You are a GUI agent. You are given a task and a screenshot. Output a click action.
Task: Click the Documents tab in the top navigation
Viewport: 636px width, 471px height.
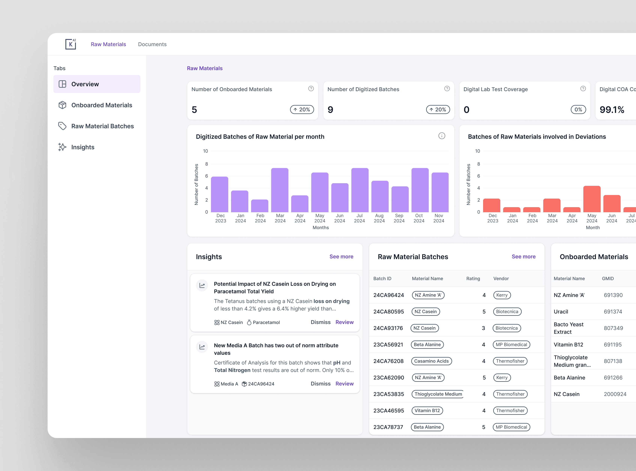coord(152,44)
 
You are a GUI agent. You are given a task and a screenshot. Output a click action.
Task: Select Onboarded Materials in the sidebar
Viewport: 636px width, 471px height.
coord(101,105)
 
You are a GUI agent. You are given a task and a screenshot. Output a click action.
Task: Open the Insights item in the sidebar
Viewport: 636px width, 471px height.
coord(83,147)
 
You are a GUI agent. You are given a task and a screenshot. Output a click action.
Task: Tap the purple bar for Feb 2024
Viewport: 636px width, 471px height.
coord(260,206)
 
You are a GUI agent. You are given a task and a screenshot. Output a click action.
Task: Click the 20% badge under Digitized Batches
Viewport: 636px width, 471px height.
coord(438,109)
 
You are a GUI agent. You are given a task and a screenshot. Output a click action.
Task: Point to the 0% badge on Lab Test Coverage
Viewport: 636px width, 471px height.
coord(578,109)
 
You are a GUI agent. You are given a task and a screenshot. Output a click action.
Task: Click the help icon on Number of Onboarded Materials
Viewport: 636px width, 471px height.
coord(311,89)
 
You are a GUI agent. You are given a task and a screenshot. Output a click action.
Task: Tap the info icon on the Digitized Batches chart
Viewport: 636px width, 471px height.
coord(442,136)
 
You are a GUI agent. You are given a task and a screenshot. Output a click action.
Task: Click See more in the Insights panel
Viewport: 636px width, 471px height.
coord(341,257)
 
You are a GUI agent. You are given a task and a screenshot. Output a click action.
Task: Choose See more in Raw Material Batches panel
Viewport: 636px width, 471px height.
coord(523,257)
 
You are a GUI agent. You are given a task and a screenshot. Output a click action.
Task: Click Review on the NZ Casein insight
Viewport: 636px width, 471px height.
coord(344,322)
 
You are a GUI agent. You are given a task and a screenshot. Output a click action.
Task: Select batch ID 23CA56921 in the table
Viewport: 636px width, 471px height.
coord(388,345)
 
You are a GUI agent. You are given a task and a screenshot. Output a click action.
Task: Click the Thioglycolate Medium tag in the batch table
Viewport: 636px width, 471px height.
coord(438,394)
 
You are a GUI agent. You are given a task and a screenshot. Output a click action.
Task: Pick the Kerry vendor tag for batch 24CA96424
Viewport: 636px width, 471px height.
coord(502,295)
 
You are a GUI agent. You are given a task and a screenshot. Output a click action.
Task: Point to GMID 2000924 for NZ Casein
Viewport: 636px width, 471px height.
coord(615,394)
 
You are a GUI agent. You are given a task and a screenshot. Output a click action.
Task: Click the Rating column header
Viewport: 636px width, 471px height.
coord(473,279)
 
